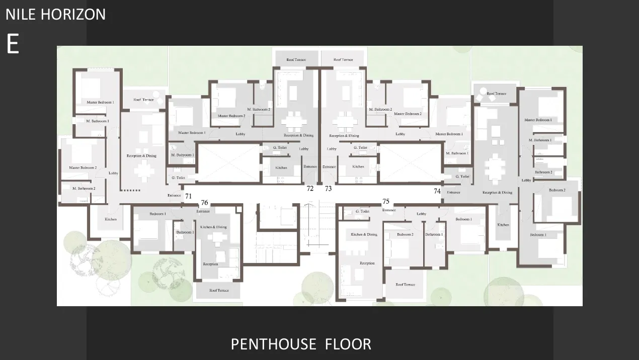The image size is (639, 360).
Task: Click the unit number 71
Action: tap(188, 196)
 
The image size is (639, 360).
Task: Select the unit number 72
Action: tap(310, 189)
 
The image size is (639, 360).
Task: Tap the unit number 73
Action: tap(329, 189)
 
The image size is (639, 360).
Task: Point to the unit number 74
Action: tap(437, 191)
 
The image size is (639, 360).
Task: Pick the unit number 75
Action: tap(386, 202)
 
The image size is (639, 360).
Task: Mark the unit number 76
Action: tap(204, 203)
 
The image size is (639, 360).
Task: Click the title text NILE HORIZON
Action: tap(55, 14)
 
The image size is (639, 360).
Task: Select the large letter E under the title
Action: tap(13, 45)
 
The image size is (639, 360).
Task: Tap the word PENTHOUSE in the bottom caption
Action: tap(273, 344)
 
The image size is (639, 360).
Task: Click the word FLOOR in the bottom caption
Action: tap(348, 344)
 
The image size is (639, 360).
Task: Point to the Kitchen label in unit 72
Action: tap(281, 167)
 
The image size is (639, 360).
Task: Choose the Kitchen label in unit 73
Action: tap(358, 166)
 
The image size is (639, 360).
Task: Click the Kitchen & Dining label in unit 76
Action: tap(213, 227)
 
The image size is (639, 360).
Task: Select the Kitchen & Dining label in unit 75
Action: tap(364, 235)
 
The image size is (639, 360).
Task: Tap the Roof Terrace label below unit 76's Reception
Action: tap(218, 291)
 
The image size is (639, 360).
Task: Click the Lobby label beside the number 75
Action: tap(421, 214)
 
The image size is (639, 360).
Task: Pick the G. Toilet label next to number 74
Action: tap(462, 176)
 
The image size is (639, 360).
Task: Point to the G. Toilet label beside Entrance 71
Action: tap(179, 178)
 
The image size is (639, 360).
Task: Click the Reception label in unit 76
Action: tap(210, 264)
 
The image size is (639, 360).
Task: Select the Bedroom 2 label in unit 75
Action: tap(405, 235)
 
